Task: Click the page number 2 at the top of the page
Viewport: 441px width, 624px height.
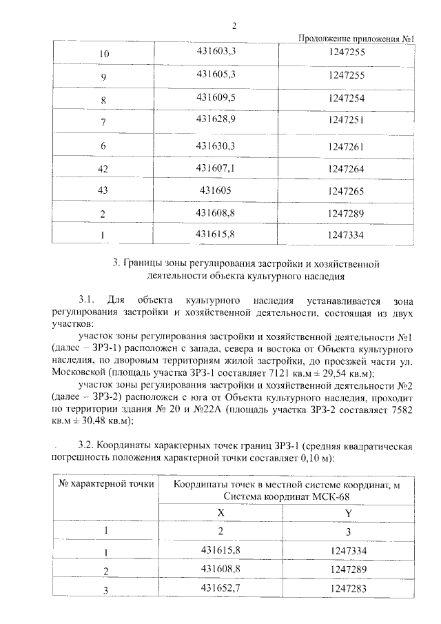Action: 234,26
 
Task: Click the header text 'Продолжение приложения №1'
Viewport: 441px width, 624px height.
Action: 356,39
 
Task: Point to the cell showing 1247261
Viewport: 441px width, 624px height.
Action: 347,146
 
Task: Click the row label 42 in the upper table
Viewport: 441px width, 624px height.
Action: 103,169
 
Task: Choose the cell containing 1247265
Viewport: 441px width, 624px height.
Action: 347,191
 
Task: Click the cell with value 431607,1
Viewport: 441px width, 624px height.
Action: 216,168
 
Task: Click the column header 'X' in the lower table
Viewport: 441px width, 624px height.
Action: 220,513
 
